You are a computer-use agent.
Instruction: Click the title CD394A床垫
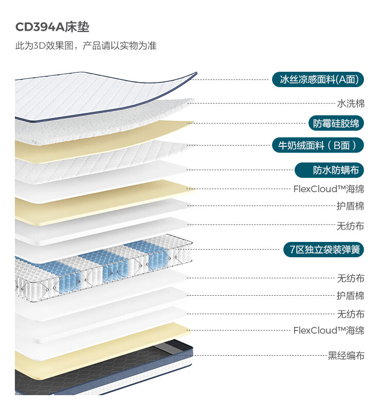[52, 27]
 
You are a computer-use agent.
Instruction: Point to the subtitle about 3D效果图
[86, 46]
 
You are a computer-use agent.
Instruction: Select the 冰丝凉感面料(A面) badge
[318, 79]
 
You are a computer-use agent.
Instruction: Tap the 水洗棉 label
[351, 104]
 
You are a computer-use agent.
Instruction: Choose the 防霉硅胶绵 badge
[336, 123]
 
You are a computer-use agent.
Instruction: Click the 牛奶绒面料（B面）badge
[317, 145]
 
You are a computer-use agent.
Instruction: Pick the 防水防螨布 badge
[329, 170]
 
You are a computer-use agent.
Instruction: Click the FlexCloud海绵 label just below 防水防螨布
[329, 189]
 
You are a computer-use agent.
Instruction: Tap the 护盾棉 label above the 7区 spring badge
[351, 206]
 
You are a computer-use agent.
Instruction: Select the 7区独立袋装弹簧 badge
[324, 250]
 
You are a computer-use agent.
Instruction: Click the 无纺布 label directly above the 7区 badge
[351, 225]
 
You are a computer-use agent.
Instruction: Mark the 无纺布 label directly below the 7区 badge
[351, 278]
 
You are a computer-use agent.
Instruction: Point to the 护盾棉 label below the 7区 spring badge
[351, 296]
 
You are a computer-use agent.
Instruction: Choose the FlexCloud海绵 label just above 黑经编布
[329, 330]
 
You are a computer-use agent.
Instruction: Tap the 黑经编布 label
[346, 356]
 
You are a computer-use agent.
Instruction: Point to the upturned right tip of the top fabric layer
[196, 73]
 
